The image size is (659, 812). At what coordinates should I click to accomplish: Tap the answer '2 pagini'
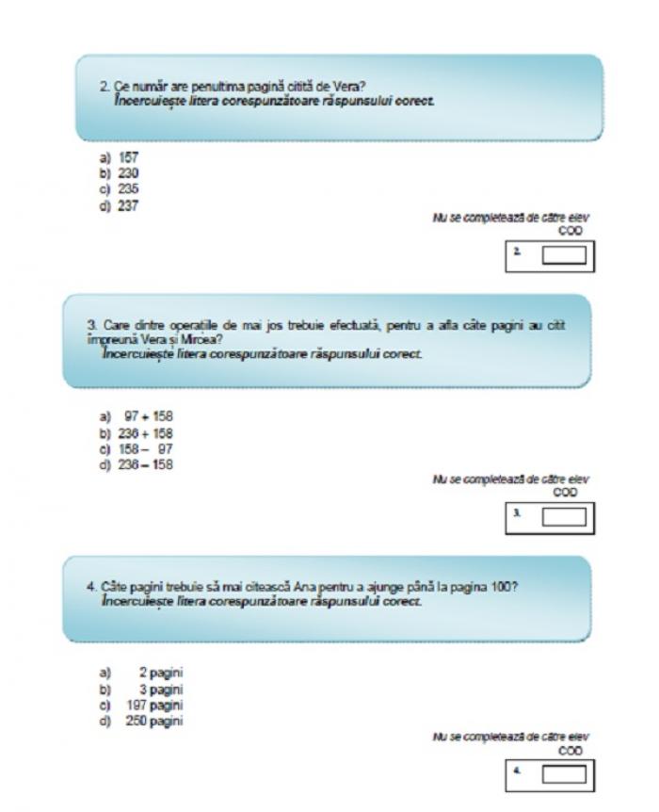pos(141,674)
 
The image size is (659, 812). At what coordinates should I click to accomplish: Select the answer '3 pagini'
pos(141,690)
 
